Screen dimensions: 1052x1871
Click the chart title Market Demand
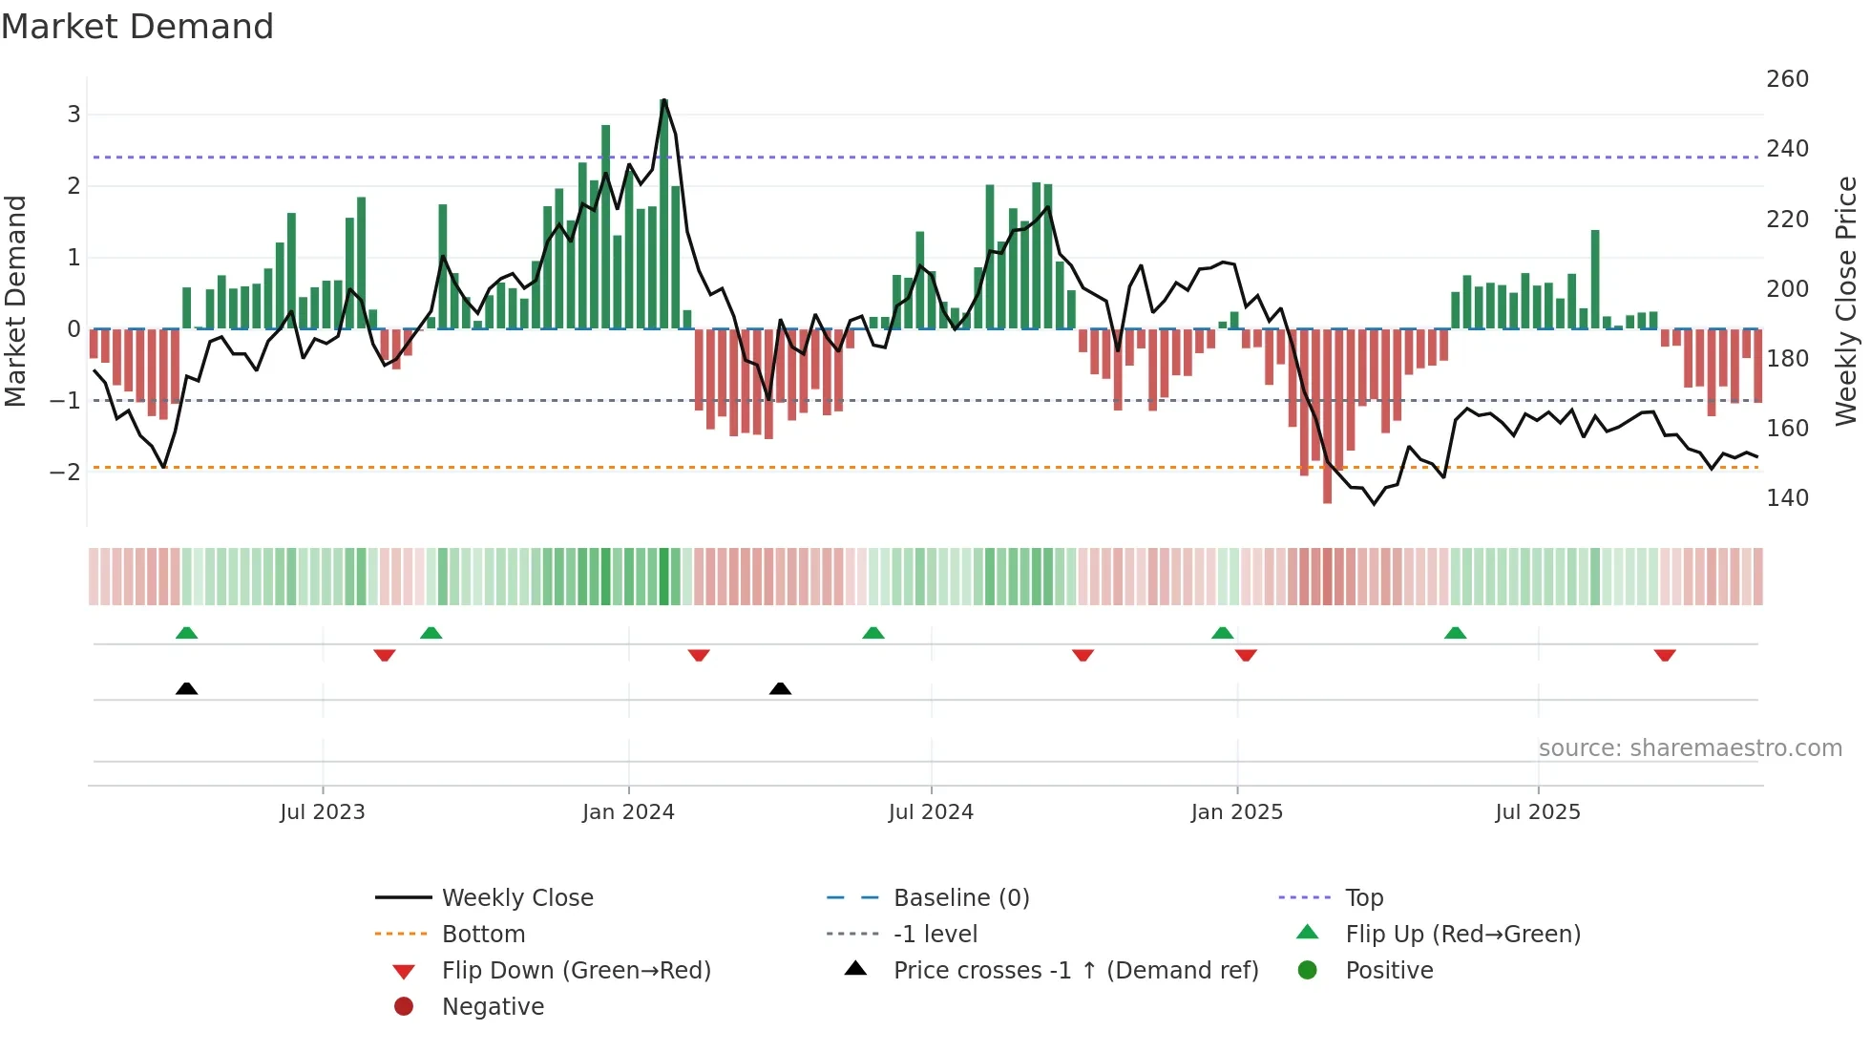[x=137, y=26]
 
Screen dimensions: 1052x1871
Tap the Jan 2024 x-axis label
[x=628, y=812]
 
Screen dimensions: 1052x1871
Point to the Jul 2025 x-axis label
[x=1538, y=812]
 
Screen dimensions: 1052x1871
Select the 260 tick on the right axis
[x=1787, y=79]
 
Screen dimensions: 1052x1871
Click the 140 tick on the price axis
[x=1787, y=498]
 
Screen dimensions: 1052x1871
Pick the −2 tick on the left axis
[x=65, y=472]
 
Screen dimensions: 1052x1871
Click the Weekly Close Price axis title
[x=1846, y=301]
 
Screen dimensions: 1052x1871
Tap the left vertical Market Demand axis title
[x=16, y=301]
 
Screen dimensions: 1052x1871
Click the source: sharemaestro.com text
[x=1690, y=748]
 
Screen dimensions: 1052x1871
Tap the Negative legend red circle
[x=404, y=1007]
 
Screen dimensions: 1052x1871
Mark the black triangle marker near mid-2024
[x=780, y=688]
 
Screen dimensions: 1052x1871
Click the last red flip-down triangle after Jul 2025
[x=1665, y=655]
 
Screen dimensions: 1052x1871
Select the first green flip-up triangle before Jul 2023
[x=187, y=633]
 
